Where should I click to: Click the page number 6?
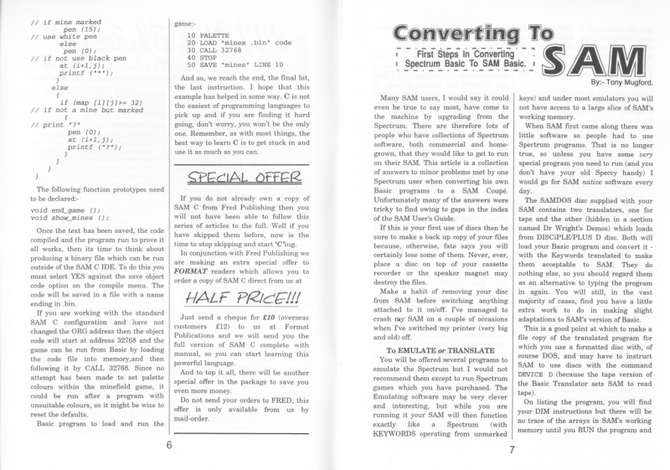[x=169, y=444]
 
